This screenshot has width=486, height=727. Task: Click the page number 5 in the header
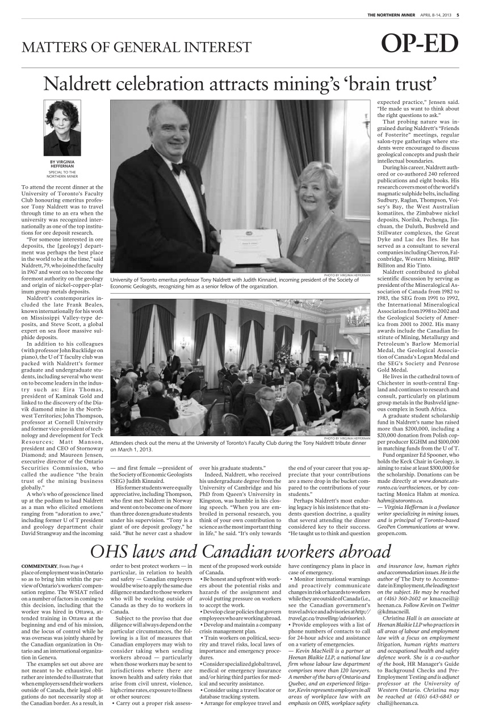(458, 15)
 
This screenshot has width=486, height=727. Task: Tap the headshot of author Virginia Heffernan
(62, 128)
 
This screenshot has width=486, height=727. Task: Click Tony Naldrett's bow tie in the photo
(177, 169)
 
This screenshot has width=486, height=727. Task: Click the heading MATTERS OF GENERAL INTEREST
(136, 47)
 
